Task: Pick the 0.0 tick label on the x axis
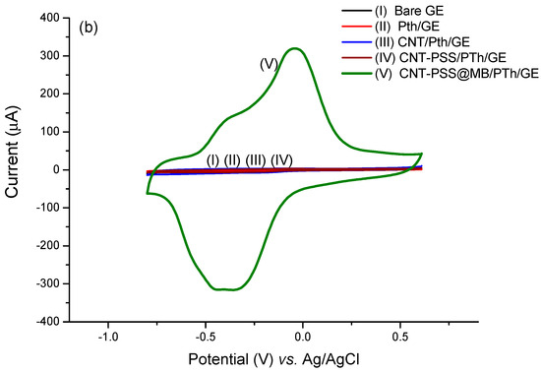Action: pos(302,335)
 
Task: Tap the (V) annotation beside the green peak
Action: pos(268,64)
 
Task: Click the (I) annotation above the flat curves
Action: pos(212,160)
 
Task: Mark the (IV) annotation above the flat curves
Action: pos(281,160)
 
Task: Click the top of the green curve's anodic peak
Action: pos(294,48)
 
